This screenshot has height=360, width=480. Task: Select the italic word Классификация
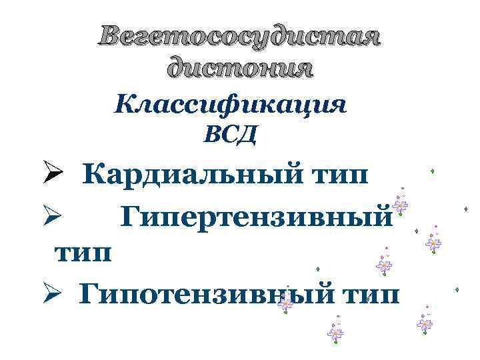pos(231,106)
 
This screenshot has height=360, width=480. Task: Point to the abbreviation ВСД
pos(229,136)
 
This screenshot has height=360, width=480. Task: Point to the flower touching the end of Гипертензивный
pos(399,205)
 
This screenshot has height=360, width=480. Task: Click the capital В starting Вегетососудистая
pos(110,38)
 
